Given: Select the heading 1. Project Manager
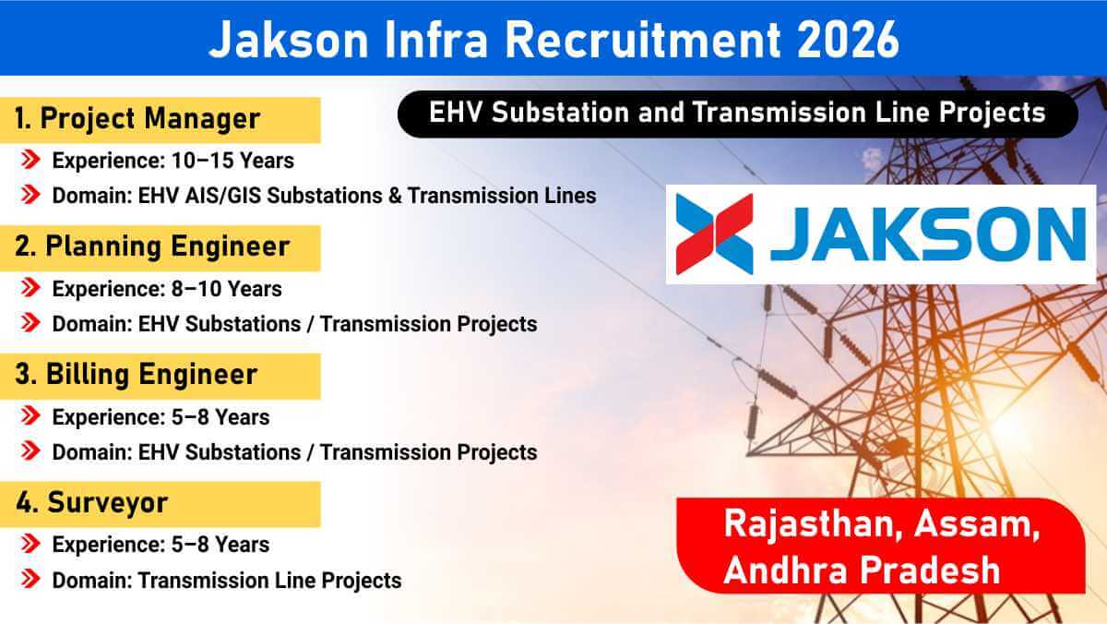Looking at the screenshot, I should pos(137,119).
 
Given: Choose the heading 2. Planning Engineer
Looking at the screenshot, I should pos(152,246).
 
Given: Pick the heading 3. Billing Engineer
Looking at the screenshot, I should pos(136,375).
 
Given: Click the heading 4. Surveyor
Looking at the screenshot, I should pos(91,503).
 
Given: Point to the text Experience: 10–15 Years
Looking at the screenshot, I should pos(173,161).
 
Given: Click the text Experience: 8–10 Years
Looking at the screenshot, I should pos(166,289).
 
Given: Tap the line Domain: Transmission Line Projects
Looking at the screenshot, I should pos(226,581).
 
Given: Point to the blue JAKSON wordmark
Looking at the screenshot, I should pos(926,234).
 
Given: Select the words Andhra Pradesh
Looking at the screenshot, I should pos(862,570).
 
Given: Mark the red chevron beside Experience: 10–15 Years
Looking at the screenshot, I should pos(31,161).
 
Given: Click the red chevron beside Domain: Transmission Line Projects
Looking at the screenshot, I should pos(31,581).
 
